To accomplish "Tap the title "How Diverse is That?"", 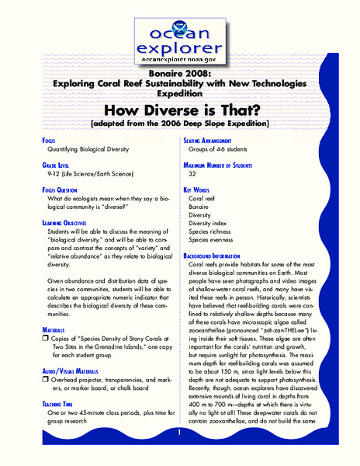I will point(179,110).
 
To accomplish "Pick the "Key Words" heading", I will point(199,190).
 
